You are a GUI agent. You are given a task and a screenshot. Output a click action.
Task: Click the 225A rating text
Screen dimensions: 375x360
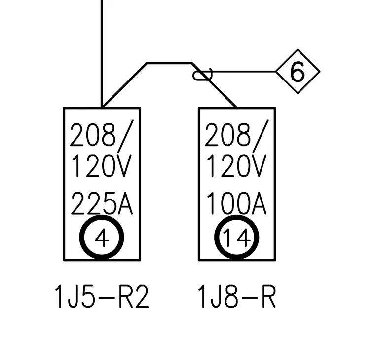102,203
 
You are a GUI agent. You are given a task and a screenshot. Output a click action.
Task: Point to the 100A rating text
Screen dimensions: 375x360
236,203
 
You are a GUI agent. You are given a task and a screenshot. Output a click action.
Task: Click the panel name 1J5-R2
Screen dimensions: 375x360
102,297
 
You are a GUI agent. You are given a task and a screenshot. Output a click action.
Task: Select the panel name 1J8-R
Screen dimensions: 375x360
237,297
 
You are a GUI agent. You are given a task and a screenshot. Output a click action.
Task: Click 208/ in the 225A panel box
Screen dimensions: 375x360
102,136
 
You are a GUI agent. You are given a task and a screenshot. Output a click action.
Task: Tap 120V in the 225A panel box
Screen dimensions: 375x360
102,165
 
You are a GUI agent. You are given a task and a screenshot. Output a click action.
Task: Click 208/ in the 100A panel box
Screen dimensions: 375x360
237,136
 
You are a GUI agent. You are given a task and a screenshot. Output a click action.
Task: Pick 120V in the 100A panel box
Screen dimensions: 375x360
236,165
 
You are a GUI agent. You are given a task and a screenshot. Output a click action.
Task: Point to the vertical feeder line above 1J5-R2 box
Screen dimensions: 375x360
102,54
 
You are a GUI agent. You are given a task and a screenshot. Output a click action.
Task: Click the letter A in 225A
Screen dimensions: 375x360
125,203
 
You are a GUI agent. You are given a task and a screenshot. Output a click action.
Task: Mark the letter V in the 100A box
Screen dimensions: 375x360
259,165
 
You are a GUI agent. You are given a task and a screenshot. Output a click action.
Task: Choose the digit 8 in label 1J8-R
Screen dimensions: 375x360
231,297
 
